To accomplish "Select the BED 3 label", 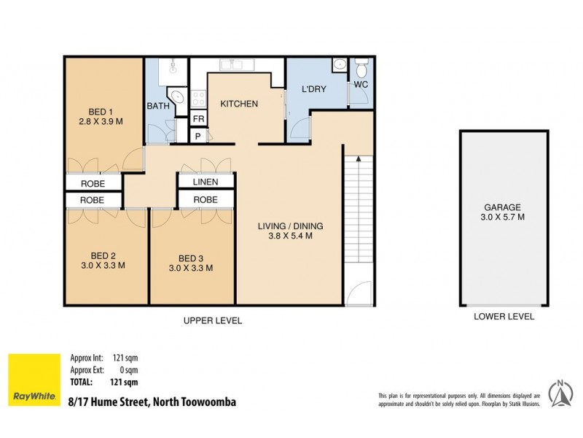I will [x=190, y=258].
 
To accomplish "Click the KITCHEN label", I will [x=239, y=104].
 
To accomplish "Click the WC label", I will [x=361, y=85].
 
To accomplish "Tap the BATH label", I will [x=158, y=107].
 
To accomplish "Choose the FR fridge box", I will [x=198, y=119].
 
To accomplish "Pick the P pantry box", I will [x=198, y=136].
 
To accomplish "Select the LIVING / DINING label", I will [x=290, y=226].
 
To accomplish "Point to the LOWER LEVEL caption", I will [x=504, y=317].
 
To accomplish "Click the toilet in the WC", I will [x=361, y=69].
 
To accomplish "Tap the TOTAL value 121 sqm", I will [x=125, y=382].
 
